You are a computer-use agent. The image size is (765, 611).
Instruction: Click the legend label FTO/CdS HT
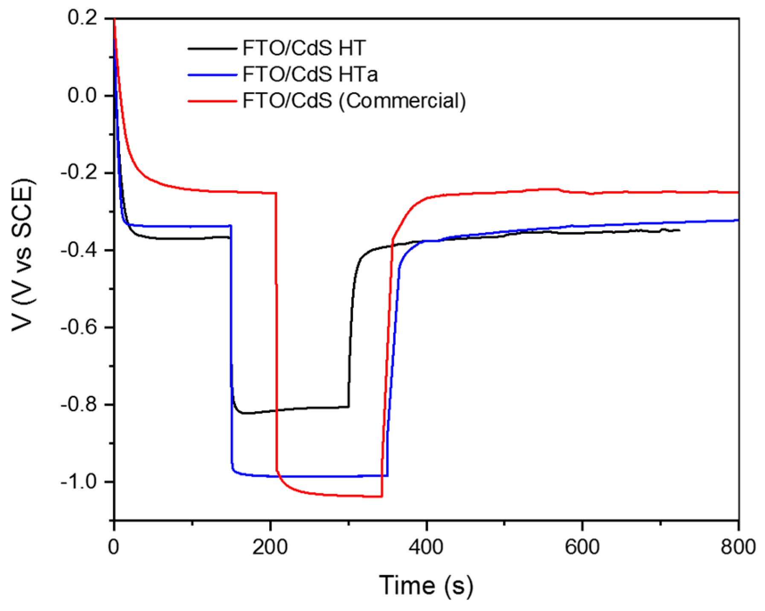304,48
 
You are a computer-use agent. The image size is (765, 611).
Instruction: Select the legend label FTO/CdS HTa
310,74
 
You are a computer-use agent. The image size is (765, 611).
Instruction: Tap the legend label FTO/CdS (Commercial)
354,101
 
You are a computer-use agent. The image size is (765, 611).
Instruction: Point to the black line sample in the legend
212,49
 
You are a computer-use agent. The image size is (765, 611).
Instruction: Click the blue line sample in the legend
212,75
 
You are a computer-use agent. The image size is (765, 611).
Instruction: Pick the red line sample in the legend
212,101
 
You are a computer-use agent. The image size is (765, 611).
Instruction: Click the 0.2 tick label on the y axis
82,18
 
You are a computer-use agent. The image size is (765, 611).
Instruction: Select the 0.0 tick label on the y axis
82,95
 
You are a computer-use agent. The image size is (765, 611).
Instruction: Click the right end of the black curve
679,230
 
